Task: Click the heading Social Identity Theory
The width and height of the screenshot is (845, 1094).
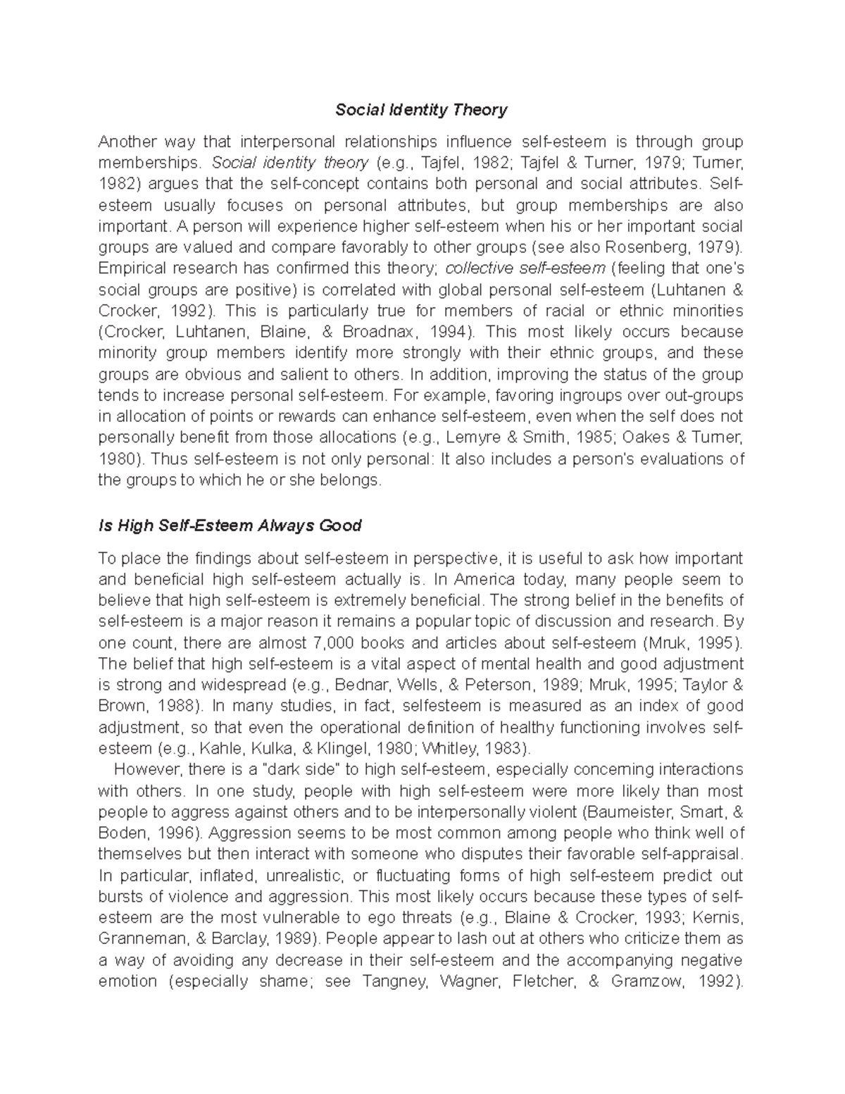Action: (x=421, y=110)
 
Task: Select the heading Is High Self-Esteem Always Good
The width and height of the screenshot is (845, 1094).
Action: (x=230, y=526)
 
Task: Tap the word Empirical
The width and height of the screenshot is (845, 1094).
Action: (x=130, y=268)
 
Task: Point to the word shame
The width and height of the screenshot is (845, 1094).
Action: (x=284, y=981)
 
